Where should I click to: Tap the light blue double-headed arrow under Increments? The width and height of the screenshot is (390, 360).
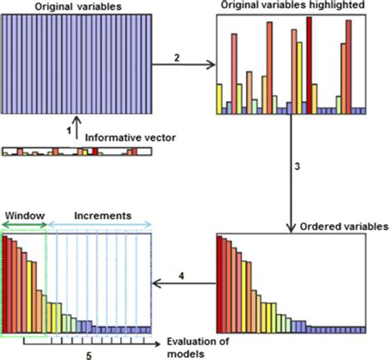point(100,224)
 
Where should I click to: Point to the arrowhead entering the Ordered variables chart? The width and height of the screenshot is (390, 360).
point(291,228)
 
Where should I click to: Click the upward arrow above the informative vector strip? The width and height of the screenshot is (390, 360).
point(77,130)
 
